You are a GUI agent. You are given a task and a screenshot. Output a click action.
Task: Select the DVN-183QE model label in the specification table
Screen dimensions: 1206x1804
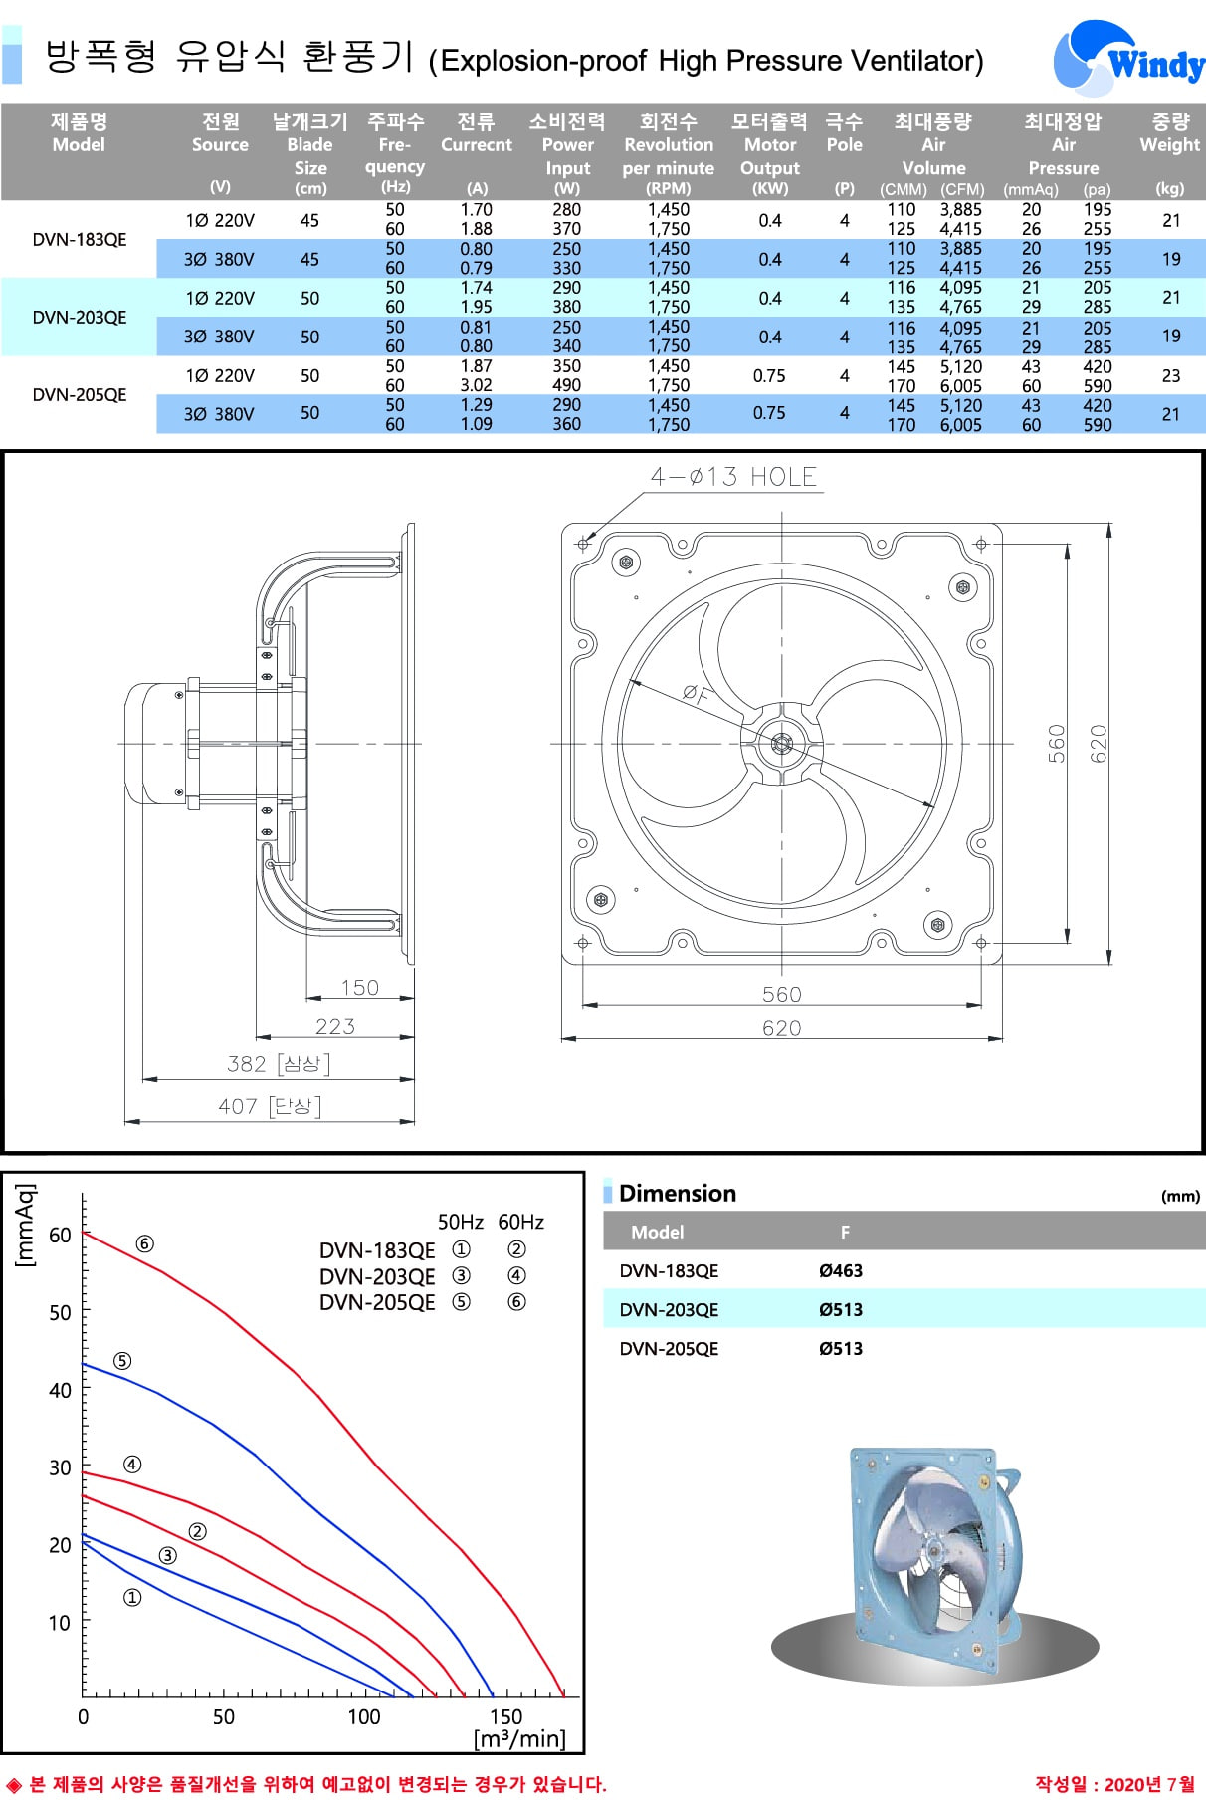(x=80, y=240)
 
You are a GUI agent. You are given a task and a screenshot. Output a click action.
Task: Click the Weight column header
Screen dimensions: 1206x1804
(x=1170, y=133)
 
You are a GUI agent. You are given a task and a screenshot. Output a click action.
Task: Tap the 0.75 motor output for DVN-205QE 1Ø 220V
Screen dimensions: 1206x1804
(x=769, y=376)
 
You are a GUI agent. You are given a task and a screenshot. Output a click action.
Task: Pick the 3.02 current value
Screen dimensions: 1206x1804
(x=477, y=385)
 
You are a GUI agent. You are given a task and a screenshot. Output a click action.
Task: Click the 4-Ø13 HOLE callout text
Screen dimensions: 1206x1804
(x=733, y=477)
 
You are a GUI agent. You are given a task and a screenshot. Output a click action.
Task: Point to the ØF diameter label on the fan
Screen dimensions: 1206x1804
(x=697, y=694)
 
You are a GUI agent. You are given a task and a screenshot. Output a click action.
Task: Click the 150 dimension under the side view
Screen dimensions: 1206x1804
(x=359, y=988)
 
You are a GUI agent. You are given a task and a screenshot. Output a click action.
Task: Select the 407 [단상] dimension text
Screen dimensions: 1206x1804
(x=270, y=1106)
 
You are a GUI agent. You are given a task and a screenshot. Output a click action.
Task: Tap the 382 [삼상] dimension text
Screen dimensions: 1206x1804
(x=279, y=1064)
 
